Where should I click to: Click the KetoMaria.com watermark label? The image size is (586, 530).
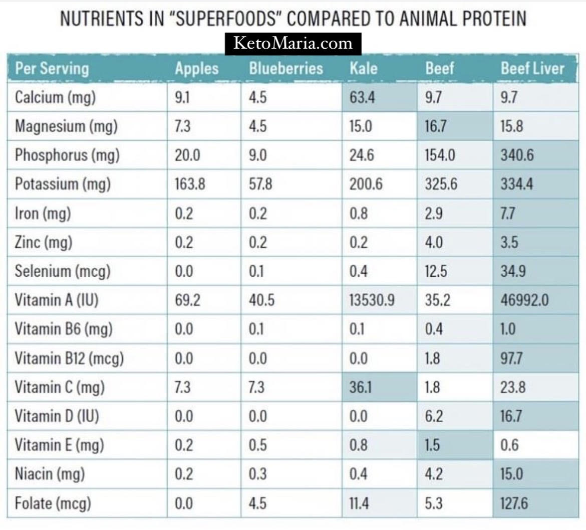pyautogui.click(x=293, y=44)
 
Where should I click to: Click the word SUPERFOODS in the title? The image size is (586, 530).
pyautogui.click(x=225, y=19)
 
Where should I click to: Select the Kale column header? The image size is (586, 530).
pyautogui.click(x=364, y=69)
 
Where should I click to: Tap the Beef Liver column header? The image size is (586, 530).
pyautogui.click(x=532, y=69)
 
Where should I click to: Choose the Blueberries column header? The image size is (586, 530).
pyautogui.click(x=286, y=69)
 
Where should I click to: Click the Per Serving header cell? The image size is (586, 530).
pyautogui.click(x=52, y=69)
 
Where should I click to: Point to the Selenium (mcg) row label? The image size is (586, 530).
pyautogui.click(x=63, y=271)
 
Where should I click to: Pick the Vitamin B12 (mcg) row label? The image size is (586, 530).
pyautogui.click(x=69, y=359)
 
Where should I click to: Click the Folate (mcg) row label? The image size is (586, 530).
pyautogui.click(x=53, y=503)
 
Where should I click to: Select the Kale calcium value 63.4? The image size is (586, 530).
pyautogui.click(x=362, y=98)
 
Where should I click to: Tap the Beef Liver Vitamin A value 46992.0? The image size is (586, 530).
pyautogui.click(x=525, y=300)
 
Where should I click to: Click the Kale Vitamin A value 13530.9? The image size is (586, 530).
pyautogui.click(x=372, y=300)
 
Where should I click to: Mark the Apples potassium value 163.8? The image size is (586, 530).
pyautogui.click(x=190, y=184)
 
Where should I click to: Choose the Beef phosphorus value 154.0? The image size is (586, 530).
pyautogui.click(x=440, y=155)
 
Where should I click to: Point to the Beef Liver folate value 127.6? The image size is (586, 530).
pyautogui.click(x=514, y=503)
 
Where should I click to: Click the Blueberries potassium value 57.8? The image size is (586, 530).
pyautogui.click(x=260, y=184)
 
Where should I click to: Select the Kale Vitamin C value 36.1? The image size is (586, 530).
pyautogui.click(x=361, y=387)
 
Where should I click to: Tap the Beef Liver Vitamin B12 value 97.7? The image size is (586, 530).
pyautogui.click(x=512, y=359)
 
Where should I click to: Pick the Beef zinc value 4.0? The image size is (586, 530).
pyautogui.click(x=434, y=242)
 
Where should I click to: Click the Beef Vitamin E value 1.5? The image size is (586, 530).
pyautogui.click(x=432, y=445)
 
